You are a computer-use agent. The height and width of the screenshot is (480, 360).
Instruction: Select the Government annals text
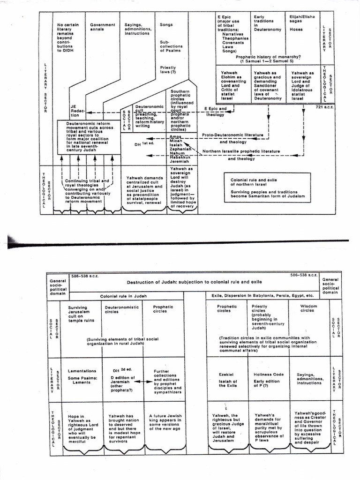pyautogui.click(x=103, y=27)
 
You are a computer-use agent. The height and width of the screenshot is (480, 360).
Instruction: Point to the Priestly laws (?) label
pyautogui.click(x=168, y=70)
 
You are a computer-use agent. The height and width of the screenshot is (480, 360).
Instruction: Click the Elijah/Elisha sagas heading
pyautogui.click(x=303, y=20)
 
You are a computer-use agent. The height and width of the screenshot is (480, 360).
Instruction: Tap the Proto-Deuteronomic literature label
pyautogui.click(x=232, y=135)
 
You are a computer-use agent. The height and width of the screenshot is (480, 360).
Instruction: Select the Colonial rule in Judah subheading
pyautogui.click(x=121, y=296)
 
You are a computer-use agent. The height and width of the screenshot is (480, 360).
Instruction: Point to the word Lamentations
pyautogui.click(x=82, y=371)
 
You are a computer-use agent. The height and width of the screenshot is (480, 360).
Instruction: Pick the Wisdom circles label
pyautogui.click(x=307, y=308)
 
